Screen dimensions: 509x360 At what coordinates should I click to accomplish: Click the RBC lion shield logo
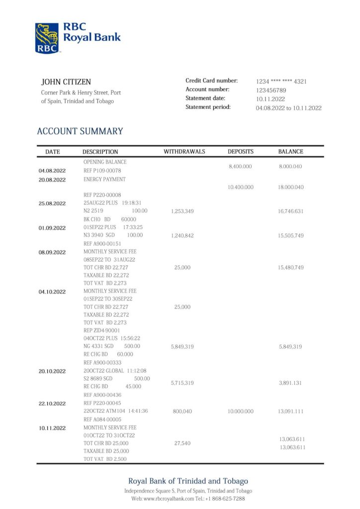coord(47,38)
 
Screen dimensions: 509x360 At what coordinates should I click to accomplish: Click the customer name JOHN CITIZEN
coord(66,82)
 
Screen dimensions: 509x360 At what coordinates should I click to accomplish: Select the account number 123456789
coord(271,90)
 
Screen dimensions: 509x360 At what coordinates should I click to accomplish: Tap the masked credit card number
coord(281,81)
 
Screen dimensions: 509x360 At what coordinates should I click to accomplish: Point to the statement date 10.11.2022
coord(270,99)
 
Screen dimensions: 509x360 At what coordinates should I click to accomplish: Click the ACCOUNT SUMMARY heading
coord(80,131)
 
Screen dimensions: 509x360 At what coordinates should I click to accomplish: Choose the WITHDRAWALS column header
coord(184,152)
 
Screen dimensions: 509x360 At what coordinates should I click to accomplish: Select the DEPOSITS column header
coord(241,152)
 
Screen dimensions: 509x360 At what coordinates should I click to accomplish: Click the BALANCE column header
coord(290,152)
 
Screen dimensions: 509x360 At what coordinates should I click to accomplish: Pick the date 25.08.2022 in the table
coord(52,203)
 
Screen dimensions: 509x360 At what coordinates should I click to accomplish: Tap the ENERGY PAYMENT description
coord(104,179)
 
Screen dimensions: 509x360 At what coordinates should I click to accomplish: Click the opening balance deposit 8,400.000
coord(240,167)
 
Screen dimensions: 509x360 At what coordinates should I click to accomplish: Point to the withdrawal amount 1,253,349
coord(182,211)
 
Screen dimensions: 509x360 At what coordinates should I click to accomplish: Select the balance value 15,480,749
coord(291,267)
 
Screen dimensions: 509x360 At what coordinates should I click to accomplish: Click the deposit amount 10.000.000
coord(241,412)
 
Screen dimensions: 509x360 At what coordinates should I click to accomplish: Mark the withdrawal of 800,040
coord(182,412)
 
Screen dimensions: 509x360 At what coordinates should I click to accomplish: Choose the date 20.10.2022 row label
coord(52,371)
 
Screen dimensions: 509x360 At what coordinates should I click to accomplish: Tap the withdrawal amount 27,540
coord(182,443)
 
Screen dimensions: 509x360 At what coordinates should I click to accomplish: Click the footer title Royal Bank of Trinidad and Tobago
coord(188,481)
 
